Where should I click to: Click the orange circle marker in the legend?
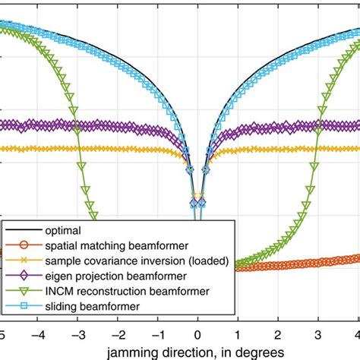[x=24, y=245]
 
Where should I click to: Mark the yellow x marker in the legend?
[x=24, y=260]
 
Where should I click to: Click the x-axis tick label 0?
[x=197, y=335]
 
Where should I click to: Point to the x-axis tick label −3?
[x=77, y=335]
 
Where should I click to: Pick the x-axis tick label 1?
[x=237, y=335]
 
